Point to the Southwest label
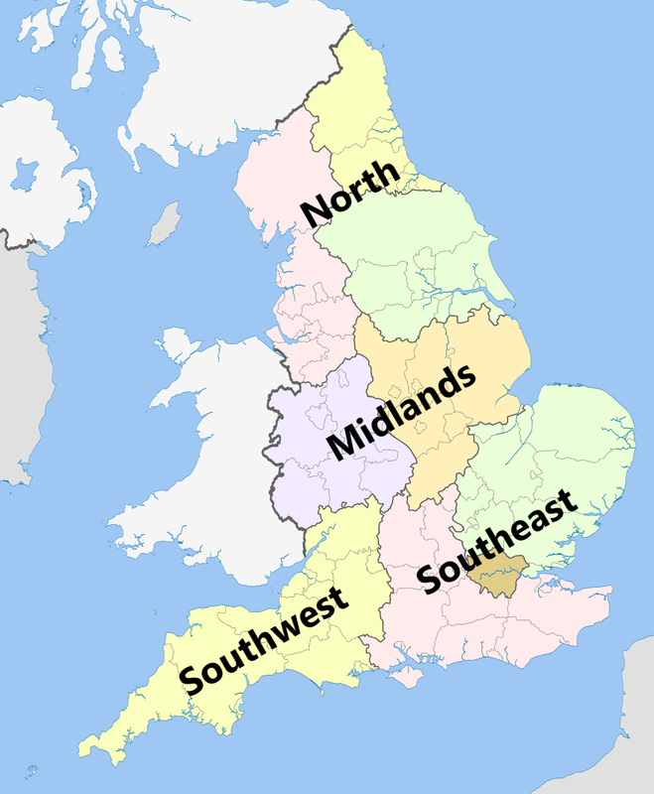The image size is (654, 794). coord(264,640)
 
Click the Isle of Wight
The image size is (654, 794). coord(409,678)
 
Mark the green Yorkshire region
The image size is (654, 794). coord(417,258)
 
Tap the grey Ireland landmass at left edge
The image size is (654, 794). coord(15,377)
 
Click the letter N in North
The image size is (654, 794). coord(319,210)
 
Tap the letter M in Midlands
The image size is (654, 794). coord(343,443)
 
